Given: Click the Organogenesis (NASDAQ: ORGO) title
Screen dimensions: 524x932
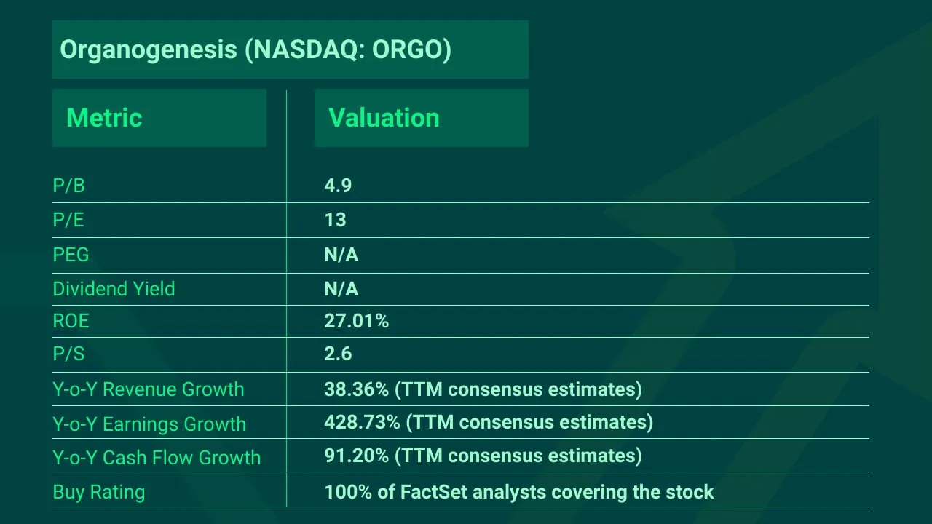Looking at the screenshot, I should coord(256,49).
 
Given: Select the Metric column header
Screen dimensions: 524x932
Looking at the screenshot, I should coord(104,118).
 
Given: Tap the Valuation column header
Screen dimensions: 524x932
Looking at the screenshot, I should coord(384,118).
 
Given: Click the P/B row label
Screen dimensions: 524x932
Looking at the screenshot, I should coord(68,186).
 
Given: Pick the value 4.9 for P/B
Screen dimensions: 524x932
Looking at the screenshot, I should coord(338,186).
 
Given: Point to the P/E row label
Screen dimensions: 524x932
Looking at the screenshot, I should coord(68,221).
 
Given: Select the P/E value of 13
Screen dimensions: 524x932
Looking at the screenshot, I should coord(335,220).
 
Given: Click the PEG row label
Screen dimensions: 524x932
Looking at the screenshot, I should coord(71,255).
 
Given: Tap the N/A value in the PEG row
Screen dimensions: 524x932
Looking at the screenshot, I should coord(341,255).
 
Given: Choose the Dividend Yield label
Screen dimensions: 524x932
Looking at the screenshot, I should coord(114,289).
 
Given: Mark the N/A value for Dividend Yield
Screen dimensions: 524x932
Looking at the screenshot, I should coord(341,289).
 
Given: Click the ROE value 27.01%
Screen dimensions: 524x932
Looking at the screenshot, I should coord(356,321).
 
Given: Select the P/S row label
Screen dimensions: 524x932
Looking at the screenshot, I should coord(68,354).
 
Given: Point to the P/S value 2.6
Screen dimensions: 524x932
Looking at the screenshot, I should coord(338,354).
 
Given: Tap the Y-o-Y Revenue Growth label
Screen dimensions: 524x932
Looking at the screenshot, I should coord(149,389).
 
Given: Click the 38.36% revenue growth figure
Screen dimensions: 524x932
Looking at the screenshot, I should coord(356,389).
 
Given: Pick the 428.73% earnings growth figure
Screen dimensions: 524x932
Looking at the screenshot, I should coord(362,422).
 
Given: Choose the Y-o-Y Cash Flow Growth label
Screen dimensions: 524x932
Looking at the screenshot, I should coord(157,458).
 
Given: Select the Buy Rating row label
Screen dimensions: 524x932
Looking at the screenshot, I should coord(99,493).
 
